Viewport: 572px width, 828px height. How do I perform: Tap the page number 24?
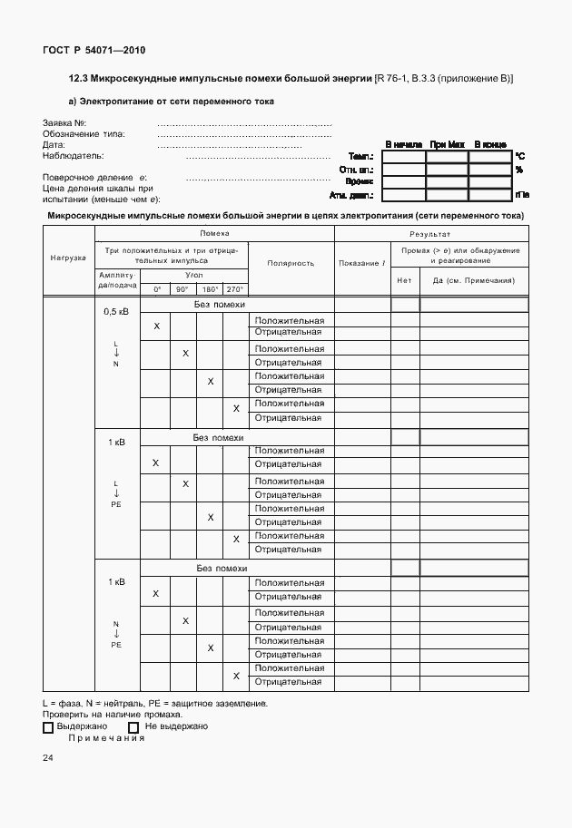click(47, 757)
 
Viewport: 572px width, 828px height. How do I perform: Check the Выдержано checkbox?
click(48, 726)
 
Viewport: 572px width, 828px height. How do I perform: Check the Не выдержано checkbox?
click(133, 726)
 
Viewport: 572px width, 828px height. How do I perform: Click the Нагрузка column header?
click(67, 258)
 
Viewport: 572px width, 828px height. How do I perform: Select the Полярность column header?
click(291, 263)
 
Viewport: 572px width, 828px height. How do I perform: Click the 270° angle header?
click(235, 288)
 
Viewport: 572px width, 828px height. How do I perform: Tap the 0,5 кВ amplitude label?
click(116, 311)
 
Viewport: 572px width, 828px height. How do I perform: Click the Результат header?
click(430, 234)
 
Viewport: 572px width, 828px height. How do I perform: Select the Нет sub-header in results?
click(405, 280)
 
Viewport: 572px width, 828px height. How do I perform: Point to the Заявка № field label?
click(64, 123)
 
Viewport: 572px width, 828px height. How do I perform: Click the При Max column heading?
click(447, 144)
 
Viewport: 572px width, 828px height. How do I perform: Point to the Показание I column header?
click(362, 263)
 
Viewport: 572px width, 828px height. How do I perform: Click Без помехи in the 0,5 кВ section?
click(220, 305)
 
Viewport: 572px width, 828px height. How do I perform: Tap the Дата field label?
click(54, 145)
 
